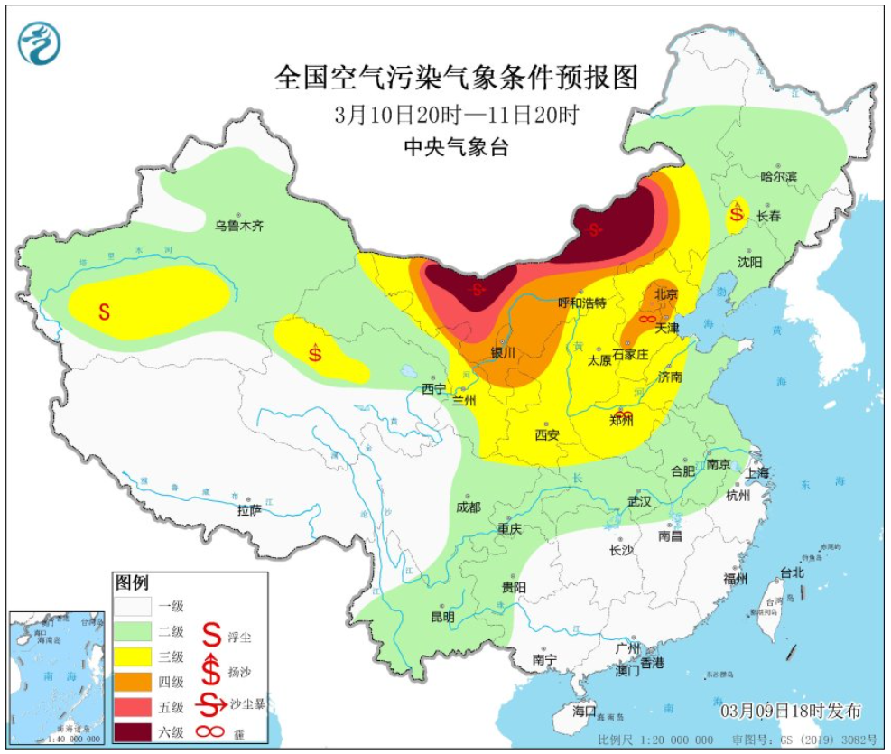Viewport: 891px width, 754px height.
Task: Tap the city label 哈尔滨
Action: tap(778, 177)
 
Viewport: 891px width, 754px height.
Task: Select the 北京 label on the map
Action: tap(665, 294)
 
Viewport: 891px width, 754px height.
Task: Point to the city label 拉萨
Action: tap(249, 510)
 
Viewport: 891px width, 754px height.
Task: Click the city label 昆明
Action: tap(442, 618)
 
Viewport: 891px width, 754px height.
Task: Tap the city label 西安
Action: tap(547, 434)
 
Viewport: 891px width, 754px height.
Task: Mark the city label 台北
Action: tap(791, 572)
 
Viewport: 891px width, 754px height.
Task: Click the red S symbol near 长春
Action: tap(738, 215)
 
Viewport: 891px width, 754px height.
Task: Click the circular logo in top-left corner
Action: tap(39, 42)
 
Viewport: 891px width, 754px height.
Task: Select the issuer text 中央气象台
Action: tap(456, 149)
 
